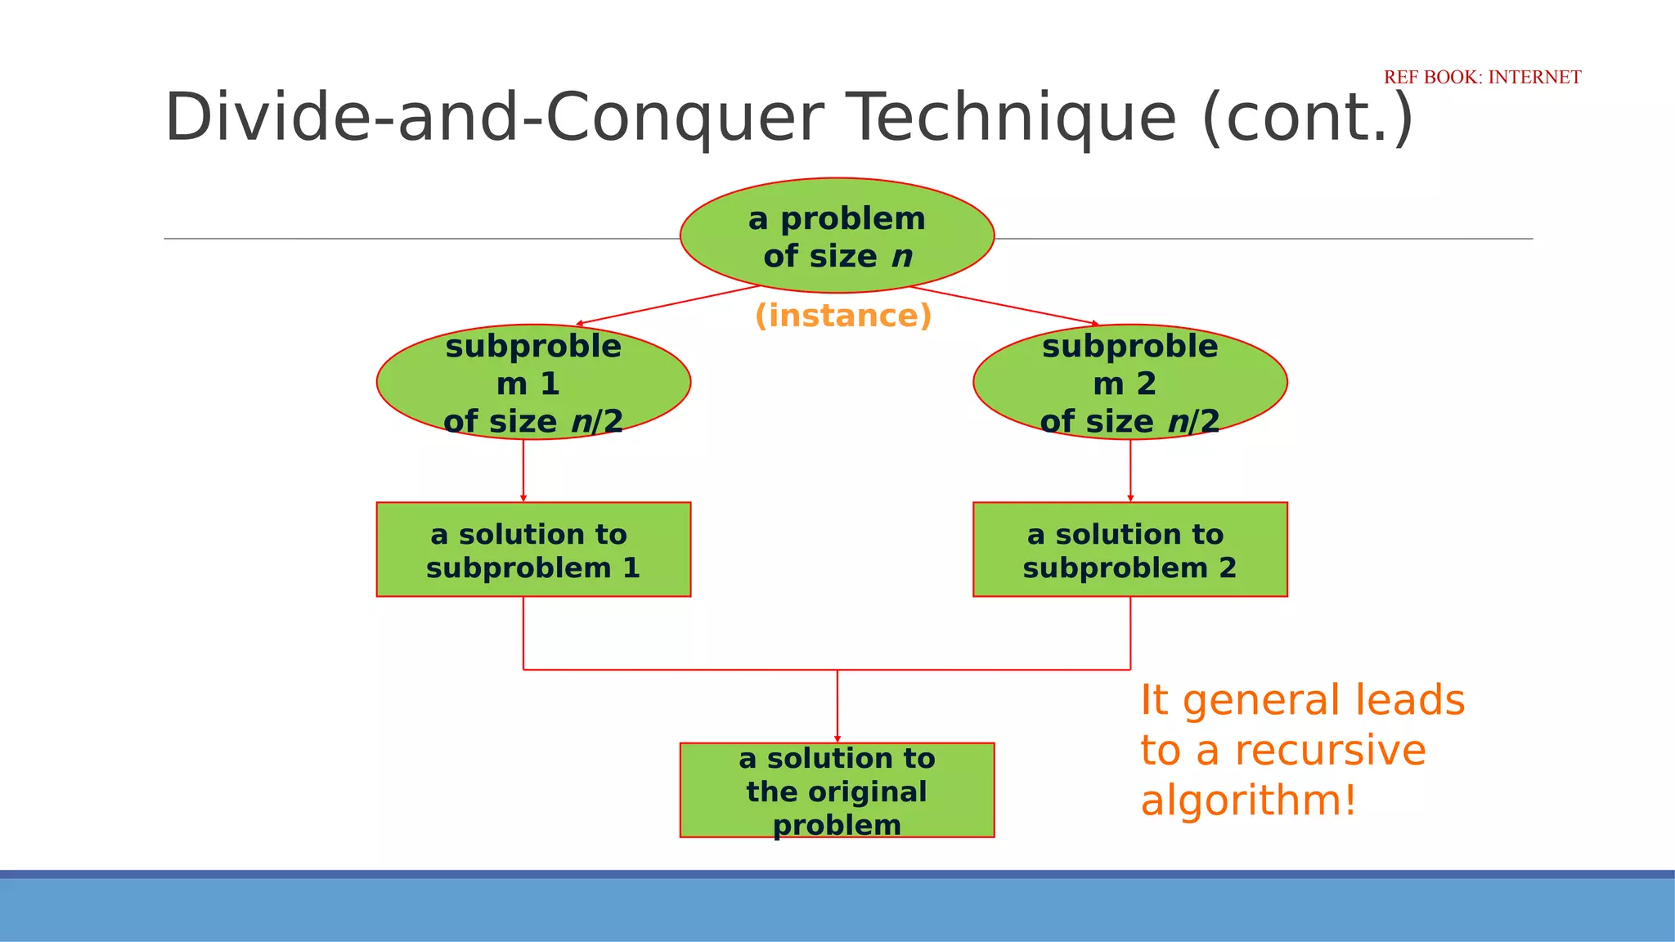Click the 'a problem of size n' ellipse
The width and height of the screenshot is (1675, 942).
837,235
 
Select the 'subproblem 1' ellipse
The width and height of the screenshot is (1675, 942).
533,382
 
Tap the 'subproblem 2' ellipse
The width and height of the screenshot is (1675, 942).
1130,382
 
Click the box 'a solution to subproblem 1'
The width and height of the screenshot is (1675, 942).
533,549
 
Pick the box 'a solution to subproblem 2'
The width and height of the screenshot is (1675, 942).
1130,549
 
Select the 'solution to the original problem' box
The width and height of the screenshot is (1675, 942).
837,790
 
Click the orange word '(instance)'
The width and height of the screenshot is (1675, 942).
843,316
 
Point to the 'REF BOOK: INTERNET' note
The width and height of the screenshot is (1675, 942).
1482,77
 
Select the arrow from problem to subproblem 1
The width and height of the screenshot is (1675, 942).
667,306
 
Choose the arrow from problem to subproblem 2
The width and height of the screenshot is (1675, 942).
1004,306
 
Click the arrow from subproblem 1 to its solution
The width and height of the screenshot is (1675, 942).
523,470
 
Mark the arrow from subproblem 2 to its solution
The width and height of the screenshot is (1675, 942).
1130,470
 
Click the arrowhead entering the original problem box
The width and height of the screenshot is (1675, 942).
837,738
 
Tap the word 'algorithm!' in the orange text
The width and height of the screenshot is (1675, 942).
1248,801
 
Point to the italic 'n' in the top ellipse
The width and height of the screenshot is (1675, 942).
901,257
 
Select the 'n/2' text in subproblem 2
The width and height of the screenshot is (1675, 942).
1193,422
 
